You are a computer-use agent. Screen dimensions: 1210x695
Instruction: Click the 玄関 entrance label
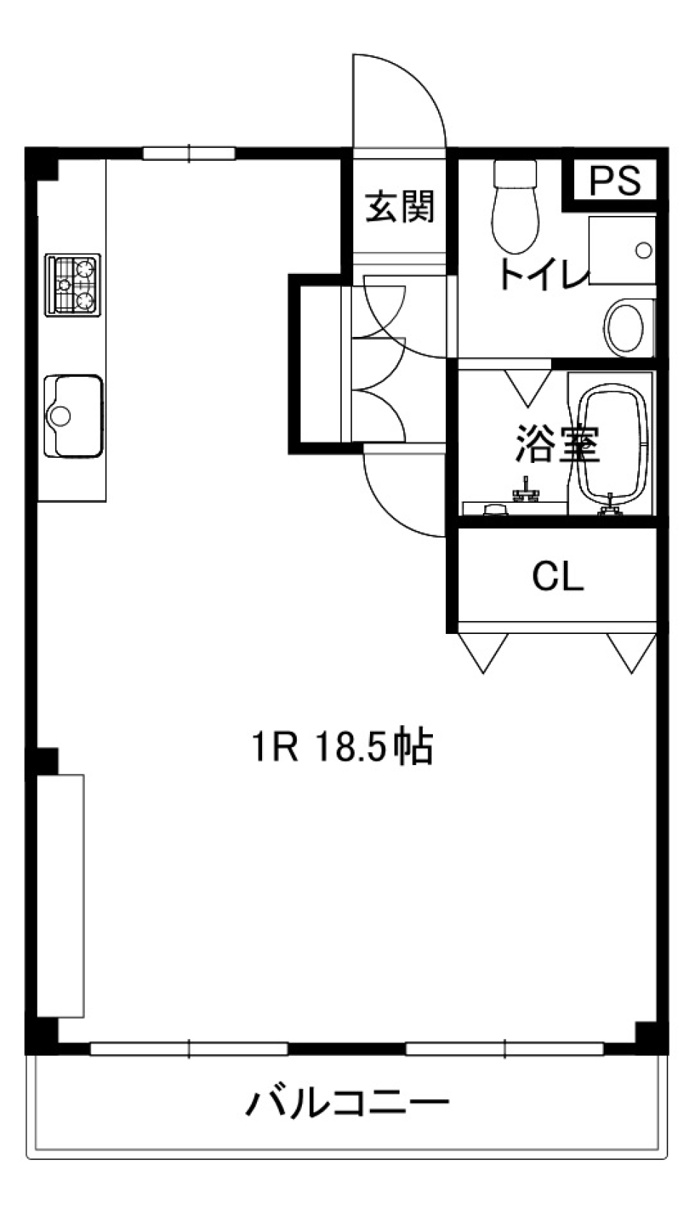coord(400,206)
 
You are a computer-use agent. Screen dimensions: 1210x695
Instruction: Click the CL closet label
coord(557,577)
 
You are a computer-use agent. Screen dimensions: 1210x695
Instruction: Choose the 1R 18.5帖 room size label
coord(342,747)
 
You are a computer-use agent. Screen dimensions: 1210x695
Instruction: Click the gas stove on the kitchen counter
coord(72,285)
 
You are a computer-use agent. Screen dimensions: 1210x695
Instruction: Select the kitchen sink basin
coord(72,416)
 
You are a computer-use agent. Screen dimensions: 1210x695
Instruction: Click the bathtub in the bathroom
coord(614,443)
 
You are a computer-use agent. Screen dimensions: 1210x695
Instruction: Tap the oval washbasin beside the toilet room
coord(624,327)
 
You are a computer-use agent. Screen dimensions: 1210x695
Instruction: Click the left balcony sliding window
coord(189,1048)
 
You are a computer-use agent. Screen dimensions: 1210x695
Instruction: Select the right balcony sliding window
coord(505,1048)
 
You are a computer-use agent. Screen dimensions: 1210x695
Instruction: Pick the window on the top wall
coord(189,153)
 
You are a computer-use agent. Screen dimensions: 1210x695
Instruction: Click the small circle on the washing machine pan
coord(643,251)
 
